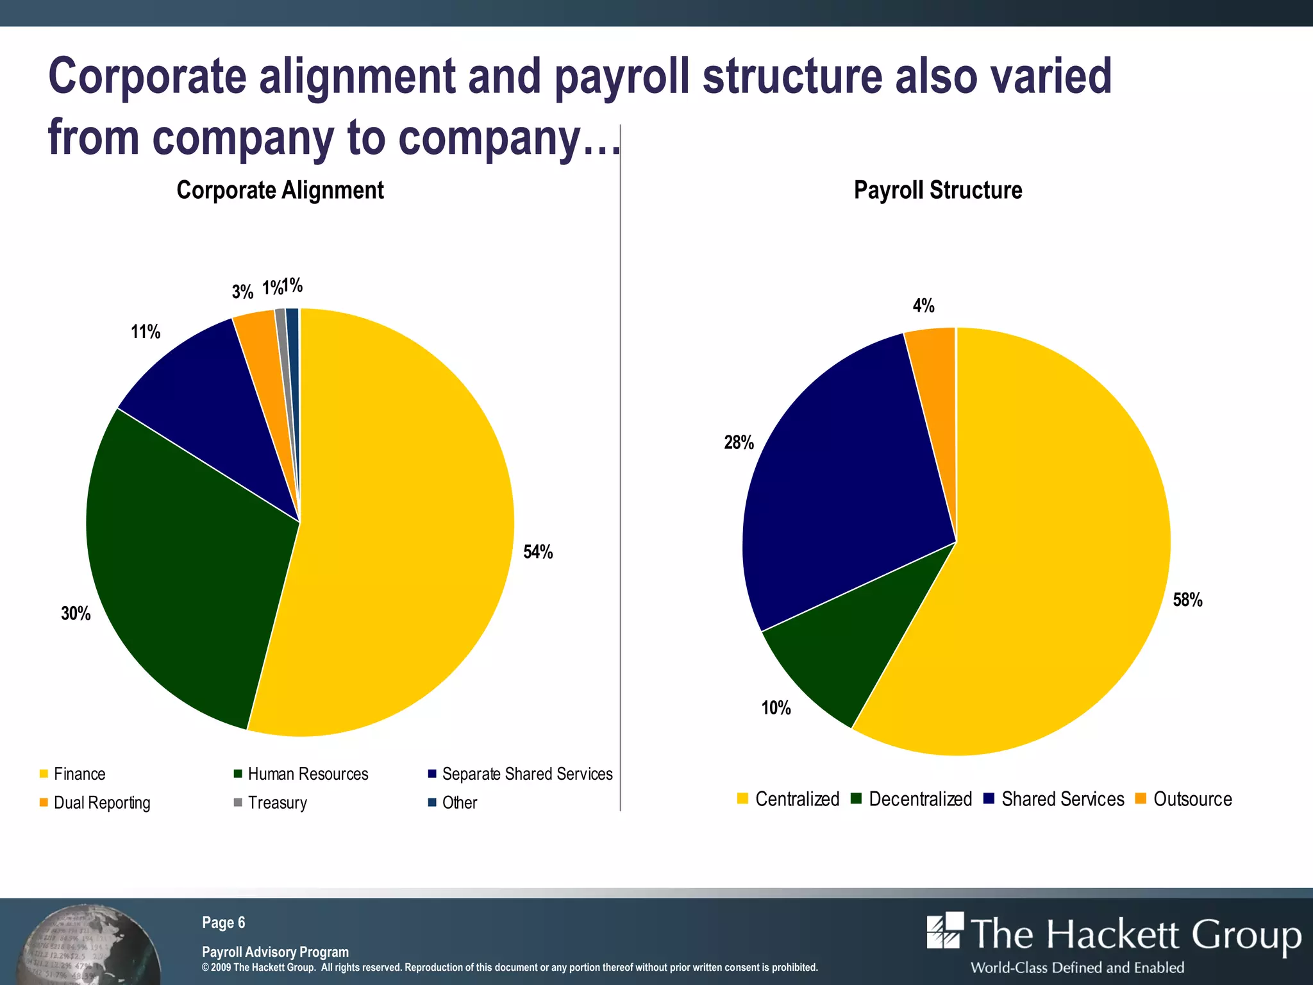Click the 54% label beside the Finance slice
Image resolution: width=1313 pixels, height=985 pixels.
point(538,551)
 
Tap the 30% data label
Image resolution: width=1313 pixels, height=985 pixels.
point(76,614)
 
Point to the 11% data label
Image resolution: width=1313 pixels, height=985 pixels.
point(146,332)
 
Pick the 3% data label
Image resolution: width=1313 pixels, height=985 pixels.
point(242,292)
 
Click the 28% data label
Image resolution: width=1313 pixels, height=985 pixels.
point(739,442)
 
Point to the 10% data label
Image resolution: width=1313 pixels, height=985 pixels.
point(776,708)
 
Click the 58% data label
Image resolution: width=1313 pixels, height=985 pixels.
point(1187,600)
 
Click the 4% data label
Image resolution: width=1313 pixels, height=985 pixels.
point(923,306)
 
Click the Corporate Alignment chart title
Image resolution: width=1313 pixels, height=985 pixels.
point(280,190)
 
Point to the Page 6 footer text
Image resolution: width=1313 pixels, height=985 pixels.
point(223,922)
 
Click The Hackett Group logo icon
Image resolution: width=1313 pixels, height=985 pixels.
point(945,931)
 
